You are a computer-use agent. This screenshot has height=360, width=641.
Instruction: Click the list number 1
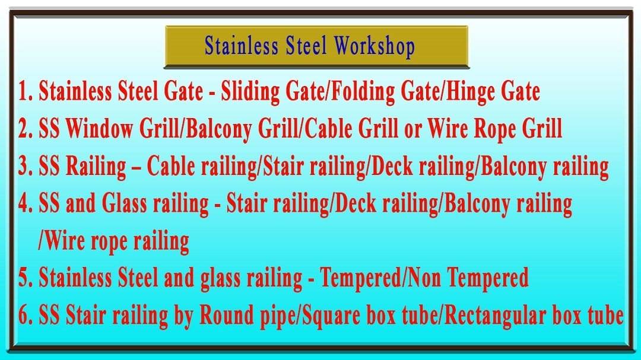coord(24,93)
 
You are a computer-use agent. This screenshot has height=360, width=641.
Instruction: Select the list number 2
coord(25,129)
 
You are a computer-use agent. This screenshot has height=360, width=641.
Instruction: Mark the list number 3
coord(25,167)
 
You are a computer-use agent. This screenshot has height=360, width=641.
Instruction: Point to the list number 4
coord(25,205)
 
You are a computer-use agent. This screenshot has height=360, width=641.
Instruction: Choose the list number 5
coord(25,278)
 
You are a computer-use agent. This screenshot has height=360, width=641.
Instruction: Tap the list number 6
coord(25,316)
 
